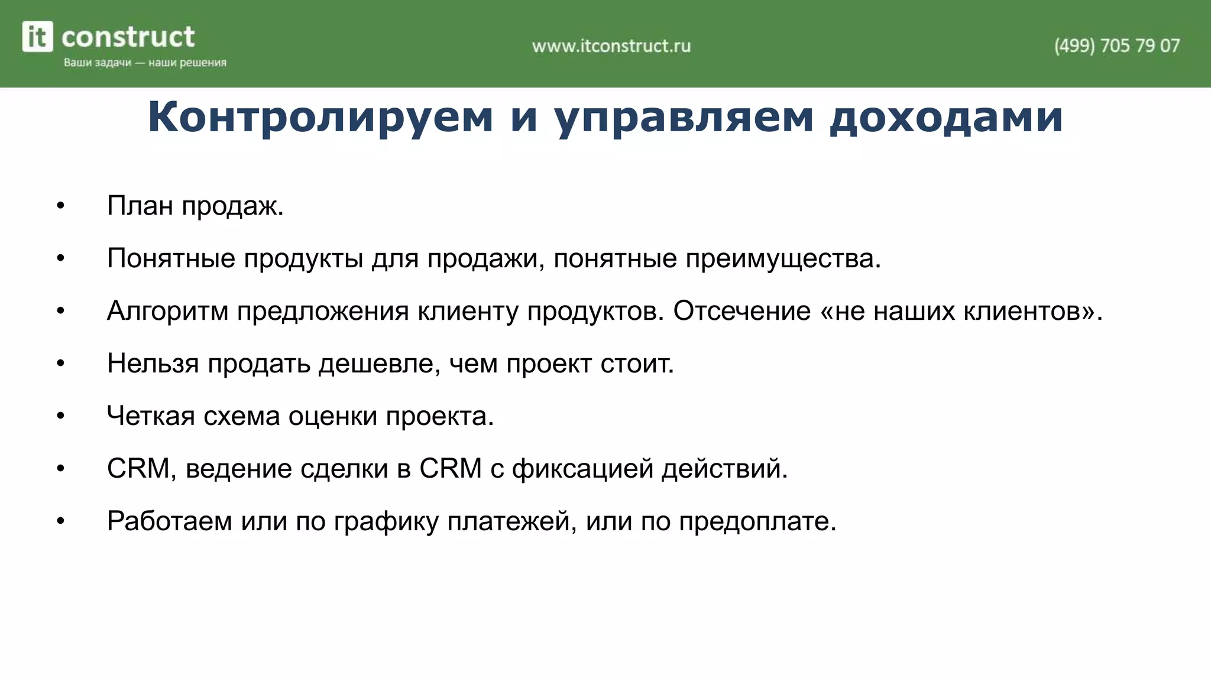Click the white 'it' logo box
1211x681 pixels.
[x=37, y=37]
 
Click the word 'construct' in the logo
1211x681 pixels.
[x=128, y=37]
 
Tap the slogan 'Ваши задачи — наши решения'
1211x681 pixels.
[x=145, y=63]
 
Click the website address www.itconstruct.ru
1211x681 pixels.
[x=611, y=46]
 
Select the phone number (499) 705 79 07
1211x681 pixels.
[x=1116, y=46]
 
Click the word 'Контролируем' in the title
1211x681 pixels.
[x=320, y=116]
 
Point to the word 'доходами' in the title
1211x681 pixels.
[x=946, y=116]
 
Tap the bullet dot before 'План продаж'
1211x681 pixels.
[x=60, y=206]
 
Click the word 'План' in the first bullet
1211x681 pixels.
[x=140, y=206]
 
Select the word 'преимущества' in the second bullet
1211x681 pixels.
[x=783, y=259]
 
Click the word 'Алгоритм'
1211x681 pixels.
[x=167, y=312]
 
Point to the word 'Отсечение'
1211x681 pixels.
[x=742, y=311]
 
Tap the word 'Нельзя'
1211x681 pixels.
[x=153, y=364]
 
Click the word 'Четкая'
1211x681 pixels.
[x=151, y=416]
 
